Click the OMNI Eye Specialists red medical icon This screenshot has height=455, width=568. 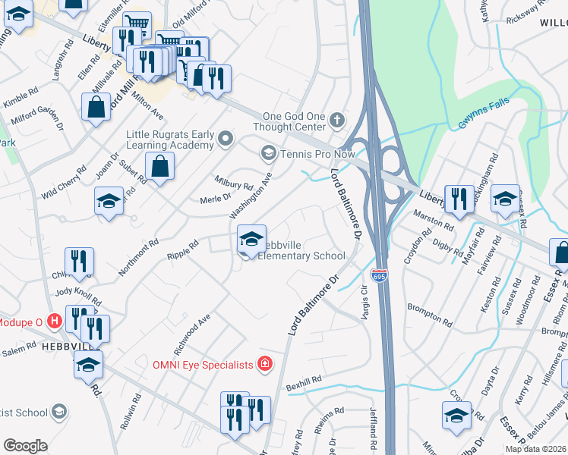click(264, 365)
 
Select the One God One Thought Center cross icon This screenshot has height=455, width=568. click(336, 121)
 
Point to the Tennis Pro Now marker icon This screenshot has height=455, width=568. click(267, 154)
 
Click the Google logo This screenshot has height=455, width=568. click(25, 446)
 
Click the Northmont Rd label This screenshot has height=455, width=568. click(138, 257)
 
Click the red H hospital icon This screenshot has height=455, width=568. click(53, 321)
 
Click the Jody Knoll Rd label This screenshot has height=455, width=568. click(77, 296)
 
